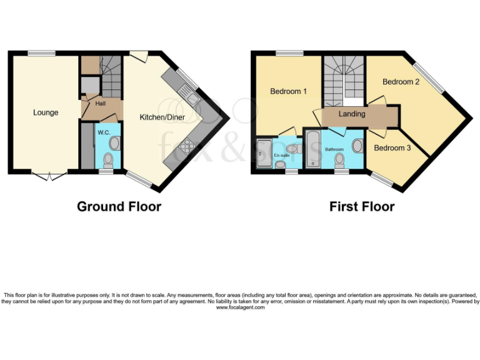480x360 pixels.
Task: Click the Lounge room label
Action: pyautogui.click(x=46, y=112)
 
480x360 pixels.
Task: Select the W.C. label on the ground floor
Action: pyautogui.click(x=102, y=132)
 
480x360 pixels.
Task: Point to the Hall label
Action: pyautogui.click(x=100, y=104)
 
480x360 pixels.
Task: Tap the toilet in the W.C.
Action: pyautogui.click(x=108, y=159)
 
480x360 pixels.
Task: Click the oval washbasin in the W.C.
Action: pyautogui.click(x=114, y=143)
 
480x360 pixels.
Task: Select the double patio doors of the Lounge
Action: pyautogui.click(x=48, y=176)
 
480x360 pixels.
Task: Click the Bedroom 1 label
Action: pyautogui.click(x=288, y=92)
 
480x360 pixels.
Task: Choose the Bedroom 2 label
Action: pyautogui.click(x=401, y=82)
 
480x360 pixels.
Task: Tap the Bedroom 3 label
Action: pyautogui.click(x=392, y=147)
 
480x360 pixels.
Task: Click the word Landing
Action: pyautogui.click(x=352, y=114)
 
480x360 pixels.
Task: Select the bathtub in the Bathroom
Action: pyautogui.click(x=312, y=149)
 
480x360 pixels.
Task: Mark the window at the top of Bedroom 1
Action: pyautogui.click(x=289, y=53)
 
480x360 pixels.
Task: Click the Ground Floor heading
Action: pyautogui.click(x=119, y=206)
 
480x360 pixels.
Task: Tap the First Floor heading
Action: pyautogui.click(x=362, y=206)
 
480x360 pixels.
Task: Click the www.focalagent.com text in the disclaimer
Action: pyautogui.click(x=240, y=307)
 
